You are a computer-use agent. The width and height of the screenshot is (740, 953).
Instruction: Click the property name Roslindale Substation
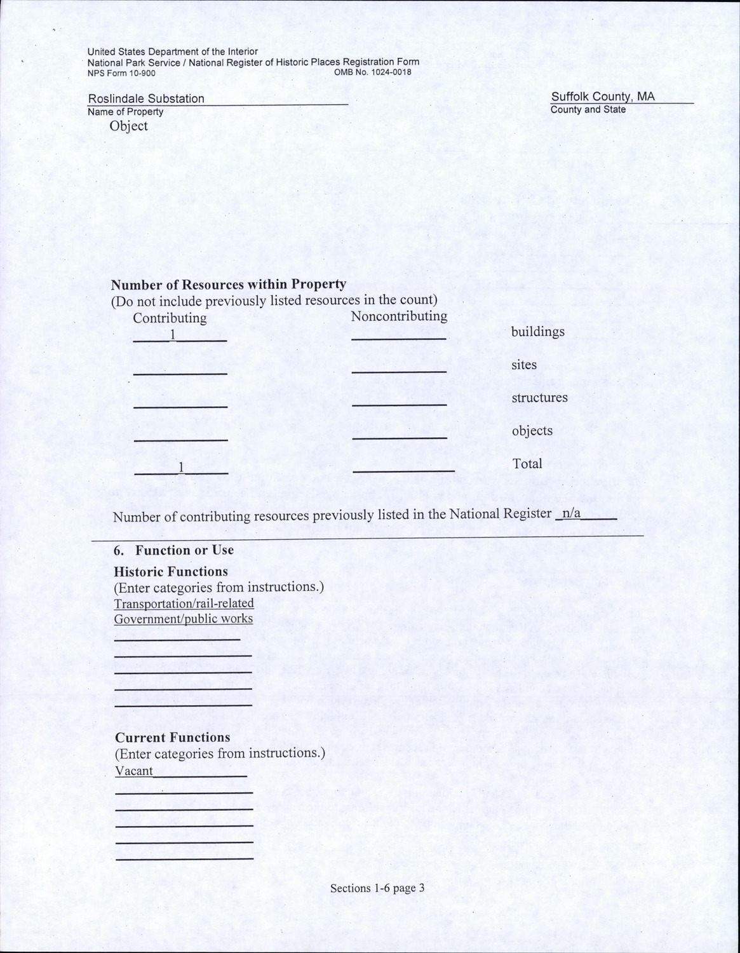tap(146, 98)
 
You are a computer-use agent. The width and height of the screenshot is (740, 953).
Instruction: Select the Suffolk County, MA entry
tap(602, 97)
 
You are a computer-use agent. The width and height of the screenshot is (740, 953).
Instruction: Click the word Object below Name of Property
tap(128, 126)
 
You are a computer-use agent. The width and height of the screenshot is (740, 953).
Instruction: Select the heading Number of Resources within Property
tap(229, 284)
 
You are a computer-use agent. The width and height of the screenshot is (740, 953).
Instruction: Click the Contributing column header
tap(170, 318)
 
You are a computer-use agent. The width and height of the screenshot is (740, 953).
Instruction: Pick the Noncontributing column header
tap(399, 316)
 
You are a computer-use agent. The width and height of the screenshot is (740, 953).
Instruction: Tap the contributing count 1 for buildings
tap(172, 335)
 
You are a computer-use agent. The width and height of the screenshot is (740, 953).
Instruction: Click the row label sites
tap(524, 365)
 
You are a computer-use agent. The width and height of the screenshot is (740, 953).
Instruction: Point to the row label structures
tap(539, 398)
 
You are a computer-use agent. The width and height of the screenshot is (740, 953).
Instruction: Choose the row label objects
tap(532, 431)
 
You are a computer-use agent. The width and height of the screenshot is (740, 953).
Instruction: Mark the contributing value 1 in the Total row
tap(181, 468)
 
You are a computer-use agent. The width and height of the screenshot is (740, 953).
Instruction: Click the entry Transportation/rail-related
tap(184, 603)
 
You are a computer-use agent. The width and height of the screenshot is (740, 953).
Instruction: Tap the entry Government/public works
tap(184, 619)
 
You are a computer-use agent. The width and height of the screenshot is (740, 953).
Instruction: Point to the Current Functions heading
tap(172, 738)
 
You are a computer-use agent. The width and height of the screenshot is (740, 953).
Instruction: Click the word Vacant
tap(134, 771)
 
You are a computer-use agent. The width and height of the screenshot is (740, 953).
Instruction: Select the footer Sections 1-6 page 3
tap(377, 888)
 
